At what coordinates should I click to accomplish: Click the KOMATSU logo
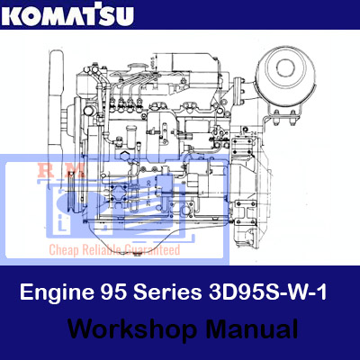[x=67, y=14]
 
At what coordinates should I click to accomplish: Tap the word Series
[x=167, y=292]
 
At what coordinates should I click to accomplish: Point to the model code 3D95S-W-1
[x=267, y=292]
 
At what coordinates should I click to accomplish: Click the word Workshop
[x=132, y=329]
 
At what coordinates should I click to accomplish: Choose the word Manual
[x=252, y=329]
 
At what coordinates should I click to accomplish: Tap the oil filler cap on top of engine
[x=136, y=67]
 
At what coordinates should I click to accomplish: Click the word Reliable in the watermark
[x=102, y=249]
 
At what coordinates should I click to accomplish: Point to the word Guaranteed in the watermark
[x=152, y=249]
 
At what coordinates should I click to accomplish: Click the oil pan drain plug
[x=137, y=255]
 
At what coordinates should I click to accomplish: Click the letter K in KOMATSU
[x=12, y=16]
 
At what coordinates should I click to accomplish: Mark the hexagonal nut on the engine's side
[x=123, y=157]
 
